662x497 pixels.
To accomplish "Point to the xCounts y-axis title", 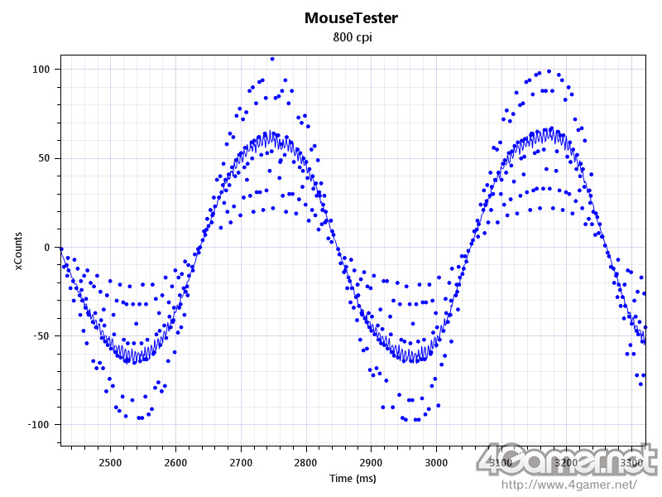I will (19, 249).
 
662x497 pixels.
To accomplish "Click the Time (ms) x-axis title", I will (352, 479).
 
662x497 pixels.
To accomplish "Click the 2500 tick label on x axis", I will (110, 462).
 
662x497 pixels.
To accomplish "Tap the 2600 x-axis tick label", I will (175, 462).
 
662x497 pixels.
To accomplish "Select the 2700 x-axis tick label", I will (241, 462).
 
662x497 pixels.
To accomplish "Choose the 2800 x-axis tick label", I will (306, 462).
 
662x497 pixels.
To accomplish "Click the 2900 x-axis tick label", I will (372, 462).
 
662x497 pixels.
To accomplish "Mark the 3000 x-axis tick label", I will (436, 462).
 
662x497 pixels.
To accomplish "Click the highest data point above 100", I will (272, 59).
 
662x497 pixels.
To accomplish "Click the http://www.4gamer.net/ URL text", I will (570, 484).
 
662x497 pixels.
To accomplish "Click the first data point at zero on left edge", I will (60, 248).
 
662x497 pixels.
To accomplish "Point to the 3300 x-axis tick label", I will (632, 462).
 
